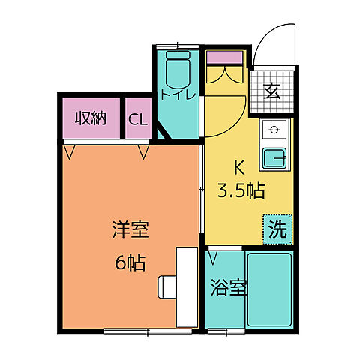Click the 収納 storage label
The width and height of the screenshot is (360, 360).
click(90, 118)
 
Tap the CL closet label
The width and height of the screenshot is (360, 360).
click(138, 118)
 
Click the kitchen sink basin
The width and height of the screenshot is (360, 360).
click(275, 157)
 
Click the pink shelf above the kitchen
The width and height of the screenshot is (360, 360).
click(226, 57)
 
